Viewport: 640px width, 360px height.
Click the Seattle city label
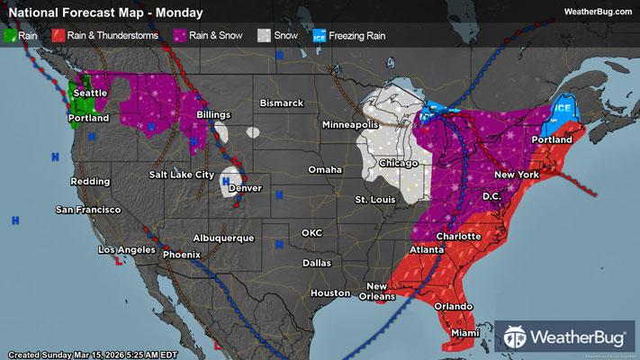[x=89, y=94]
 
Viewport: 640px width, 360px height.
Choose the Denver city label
[x=245, y=188]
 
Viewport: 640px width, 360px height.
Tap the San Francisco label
[x=88, y=209]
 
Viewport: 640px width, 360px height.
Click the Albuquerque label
[x=223, y=238]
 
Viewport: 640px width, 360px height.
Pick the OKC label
[x=311, y=232]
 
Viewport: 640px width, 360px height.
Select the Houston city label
[x=329, y=293]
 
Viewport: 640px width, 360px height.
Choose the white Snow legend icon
[x=264, y=37]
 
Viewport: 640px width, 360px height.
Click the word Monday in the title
[x=178, y=13]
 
